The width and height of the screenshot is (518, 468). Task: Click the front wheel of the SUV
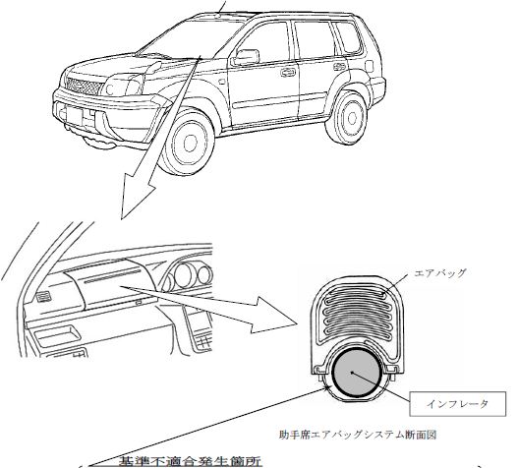click(188, 143)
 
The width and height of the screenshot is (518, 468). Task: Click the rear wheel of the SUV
click(348, 118)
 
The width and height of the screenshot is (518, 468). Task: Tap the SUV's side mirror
click(245, 57)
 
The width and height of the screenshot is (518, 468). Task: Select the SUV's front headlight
click(123, 86)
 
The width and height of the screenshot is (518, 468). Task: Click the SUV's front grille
click(85, 86)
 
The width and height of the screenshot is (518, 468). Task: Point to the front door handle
click(288, 72)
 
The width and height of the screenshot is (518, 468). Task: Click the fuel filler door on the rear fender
click(370, 66)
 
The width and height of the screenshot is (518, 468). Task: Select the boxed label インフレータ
click(457, 404)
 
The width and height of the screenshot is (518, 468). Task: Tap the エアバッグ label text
click(440, 273)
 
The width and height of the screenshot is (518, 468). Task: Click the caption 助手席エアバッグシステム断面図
click(358, 435)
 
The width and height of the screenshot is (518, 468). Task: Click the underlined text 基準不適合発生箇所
click(190, 461)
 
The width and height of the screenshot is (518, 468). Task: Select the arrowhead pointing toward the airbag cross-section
click(275, 315)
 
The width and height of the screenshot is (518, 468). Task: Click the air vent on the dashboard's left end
click(43, 298)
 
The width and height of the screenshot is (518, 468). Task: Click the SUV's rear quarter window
click(347, 37)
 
